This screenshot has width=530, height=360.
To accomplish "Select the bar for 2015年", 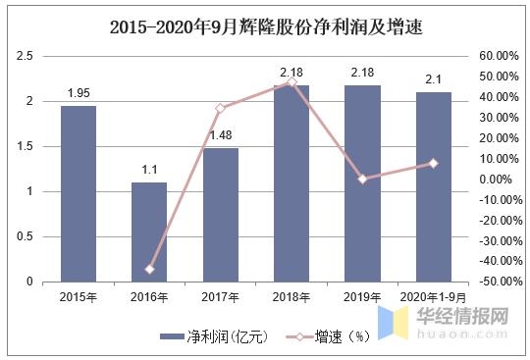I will point(79,193).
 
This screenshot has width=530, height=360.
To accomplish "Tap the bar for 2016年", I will point(149,231).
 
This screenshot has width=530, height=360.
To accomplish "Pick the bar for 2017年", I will point(221,215).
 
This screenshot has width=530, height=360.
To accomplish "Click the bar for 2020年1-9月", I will point(433,186).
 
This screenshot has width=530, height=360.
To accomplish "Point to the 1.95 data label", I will point(79,93).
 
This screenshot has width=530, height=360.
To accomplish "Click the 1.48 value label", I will point(221,136).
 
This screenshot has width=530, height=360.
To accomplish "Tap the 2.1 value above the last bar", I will point(433,79).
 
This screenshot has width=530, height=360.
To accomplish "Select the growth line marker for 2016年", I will point(149,269).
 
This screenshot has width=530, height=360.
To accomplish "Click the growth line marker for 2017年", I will point(221,108).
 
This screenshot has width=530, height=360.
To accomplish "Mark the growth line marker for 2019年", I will point(362,180).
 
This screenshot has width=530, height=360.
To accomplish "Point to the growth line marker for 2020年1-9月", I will point(433,163).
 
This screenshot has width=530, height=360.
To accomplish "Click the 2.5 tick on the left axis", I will point(26,57).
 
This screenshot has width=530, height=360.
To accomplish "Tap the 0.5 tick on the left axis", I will point(26,236).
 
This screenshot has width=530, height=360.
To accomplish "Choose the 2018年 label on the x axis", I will point(291,296).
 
